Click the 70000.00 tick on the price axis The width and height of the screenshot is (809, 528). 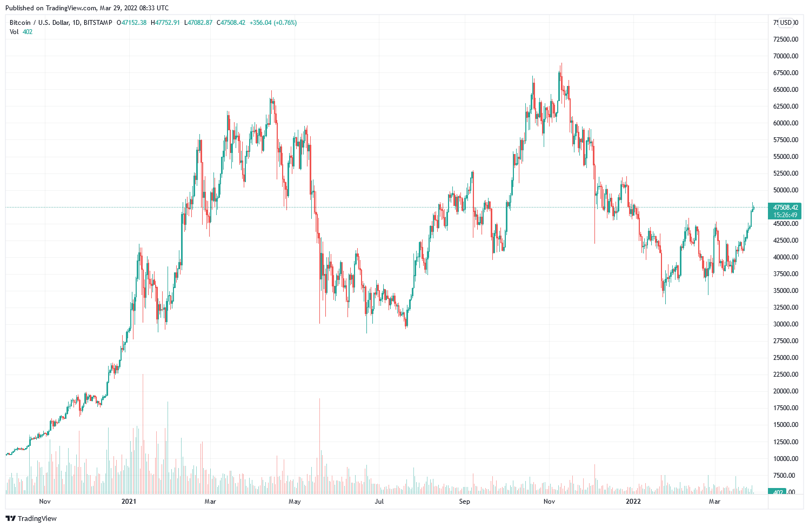[x=785, y=56]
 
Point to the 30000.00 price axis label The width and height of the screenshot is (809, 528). [x=785, y=324]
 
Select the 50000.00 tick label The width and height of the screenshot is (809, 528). [x=785, y=190]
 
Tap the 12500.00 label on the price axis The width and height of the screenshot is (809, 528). [x=785, y=442]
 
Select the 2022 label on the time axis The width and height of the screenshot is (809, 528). [x=633, y=502]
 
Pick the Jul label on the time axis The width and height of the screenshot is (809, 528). [x=379, y=502]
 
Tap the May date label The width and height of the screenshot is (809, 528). [x=295, y=502]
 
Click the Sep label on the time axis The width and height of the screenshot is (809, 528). [x=464, y=502]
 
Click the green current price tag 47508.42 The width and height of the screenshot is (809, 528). [x=785, y=208]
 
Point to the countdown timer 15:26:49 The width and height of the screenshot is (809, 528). [x=785, y=215]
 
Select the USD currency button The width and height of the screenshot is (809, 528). [x=786, y=23]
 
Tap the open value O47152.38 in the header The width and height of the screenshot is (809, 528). [x=131, y=23]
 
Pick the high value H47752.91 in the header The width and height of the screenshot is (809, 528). [x=165, y=23]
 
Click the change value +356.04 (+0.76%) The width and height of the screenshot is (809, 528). [x=273, y=23]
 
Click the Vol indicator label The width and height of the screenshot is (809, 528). [x=14, y=32]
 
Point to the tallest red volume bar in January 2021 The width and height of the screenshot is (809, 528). [x=143, y=432]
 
